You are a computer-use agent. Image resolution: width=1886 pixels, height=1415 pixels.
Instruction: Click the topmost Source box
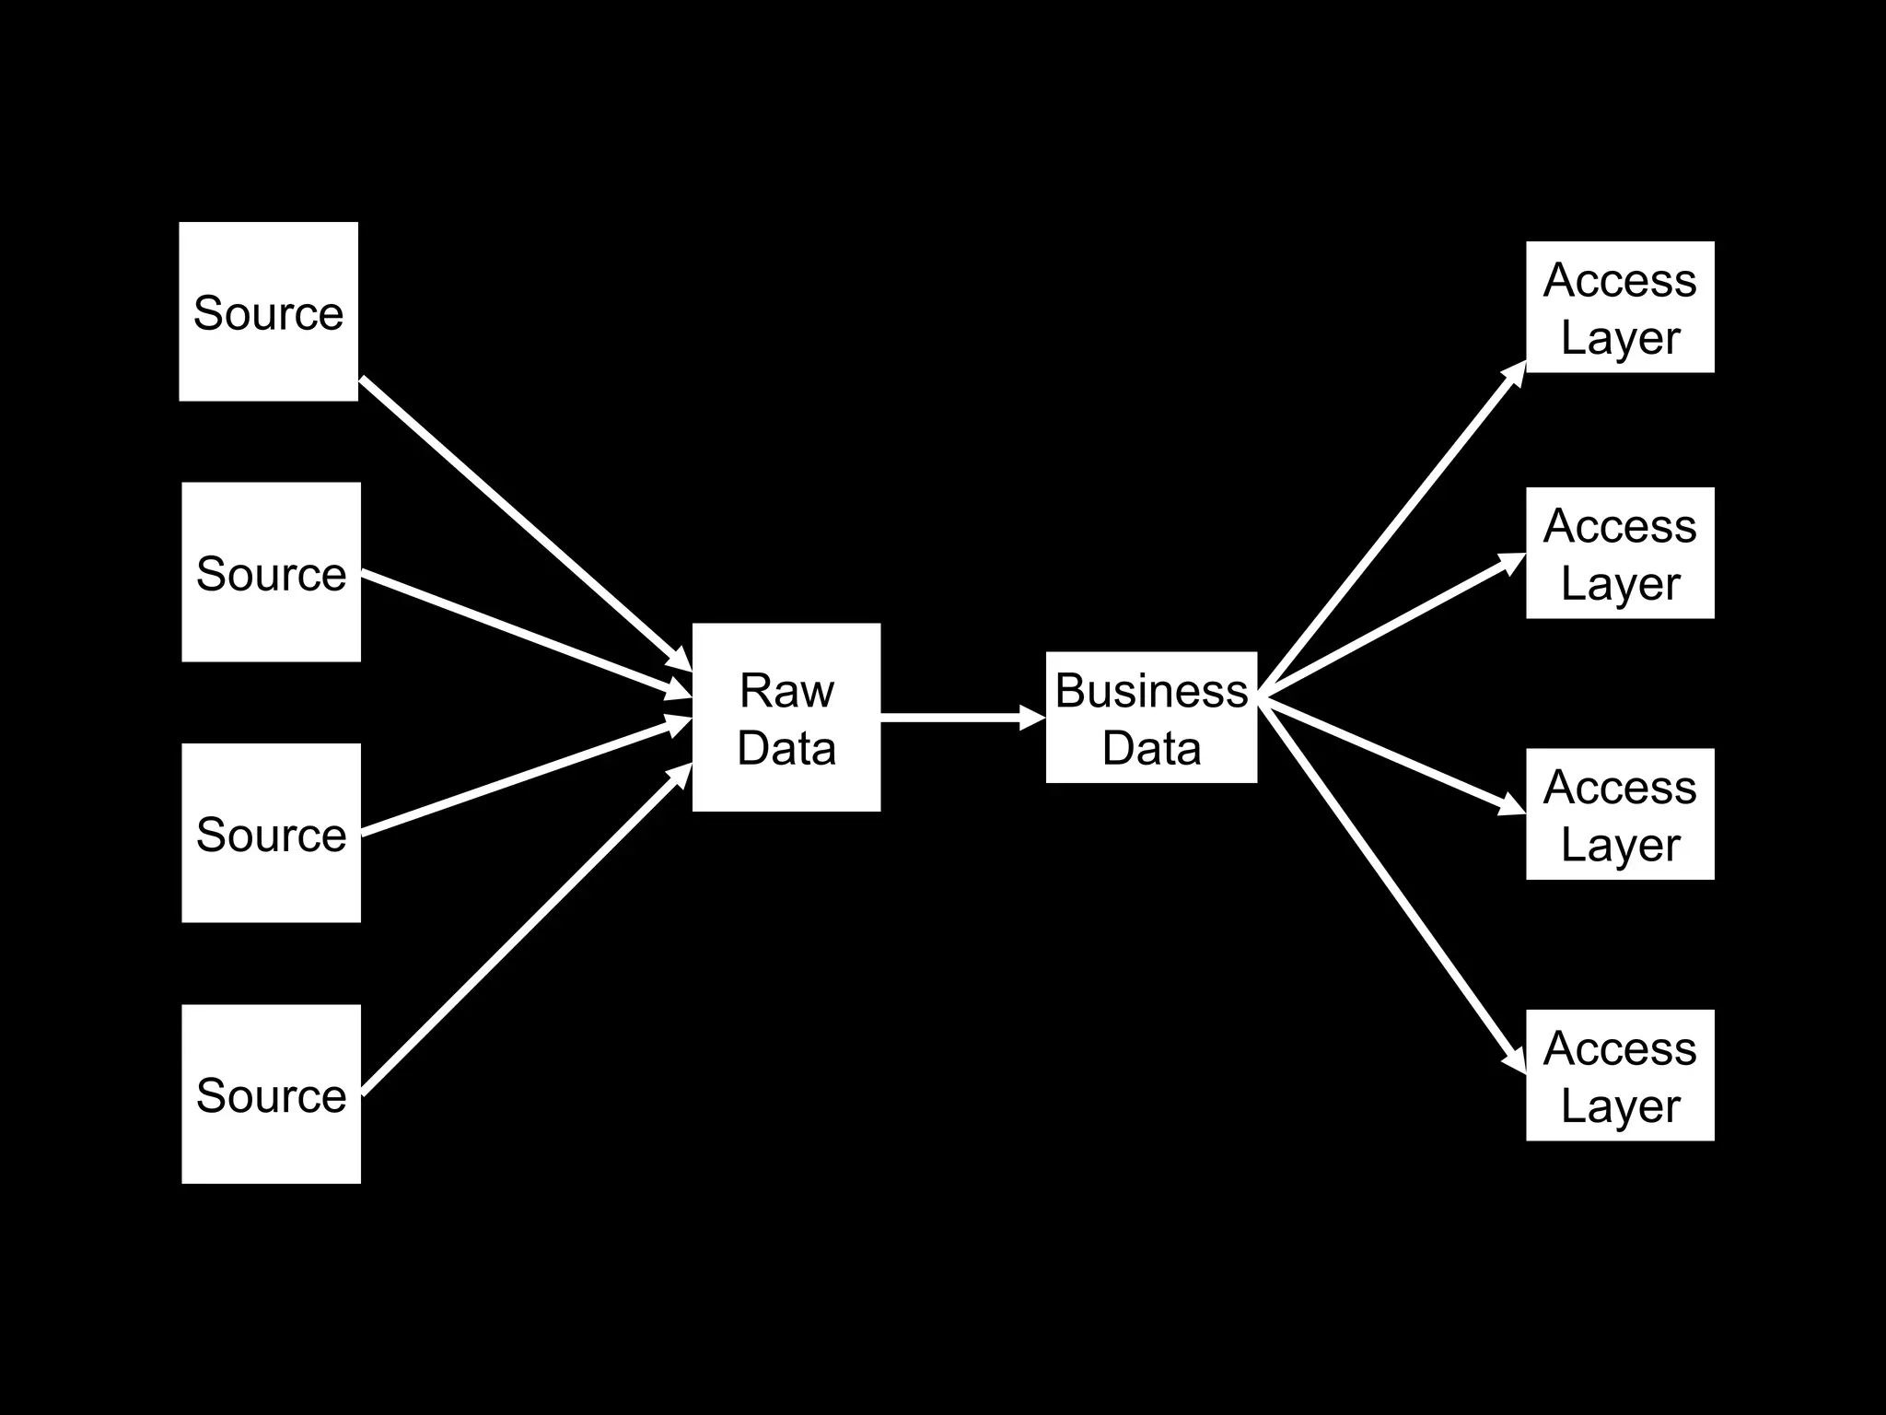point(268,311)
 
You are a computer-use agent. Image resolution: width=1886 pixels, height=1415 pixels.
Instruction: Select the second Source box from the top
point(271,572)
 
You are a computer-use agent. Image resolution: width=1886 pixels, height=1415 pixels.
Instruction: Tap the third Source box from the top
point(271,833)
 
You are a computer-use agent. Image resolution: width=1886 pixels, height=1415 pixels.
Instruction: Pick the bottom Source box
point(271,1093)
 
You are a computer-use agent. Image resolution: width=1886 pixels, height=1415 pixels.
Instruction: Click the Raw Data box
point(786,718)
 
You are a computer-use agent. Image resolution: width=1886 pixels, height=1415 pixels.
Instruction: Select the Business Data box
point(1151,718)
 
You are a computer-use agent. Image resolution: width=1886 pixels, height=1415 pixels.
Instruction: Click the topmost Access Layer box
point(1620,307)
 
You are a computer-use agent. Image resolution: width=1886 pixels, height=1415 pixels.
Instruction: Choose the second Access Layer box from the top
point(1620,553)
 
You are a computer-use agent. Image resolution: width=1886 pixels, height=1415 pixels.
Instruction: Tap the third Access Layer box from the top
point(1620,813)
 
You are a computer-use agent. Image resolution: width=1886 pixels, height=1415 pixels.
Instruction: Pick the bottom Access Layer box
point(1620,1075)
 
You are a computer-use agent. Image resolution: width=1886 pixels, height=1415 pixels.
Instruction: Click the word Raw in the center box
point(786,690)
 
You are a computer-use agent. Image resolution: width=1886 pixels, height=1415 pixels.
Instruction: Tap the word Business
point(1151,690)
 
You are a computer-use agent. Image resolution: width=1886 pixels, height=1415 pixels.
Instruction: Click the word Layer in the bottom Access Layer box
point(1620,1104)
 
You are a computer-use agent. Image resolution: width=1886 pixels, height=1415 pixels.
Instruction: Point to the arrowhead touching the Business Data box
point(1032,717)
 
